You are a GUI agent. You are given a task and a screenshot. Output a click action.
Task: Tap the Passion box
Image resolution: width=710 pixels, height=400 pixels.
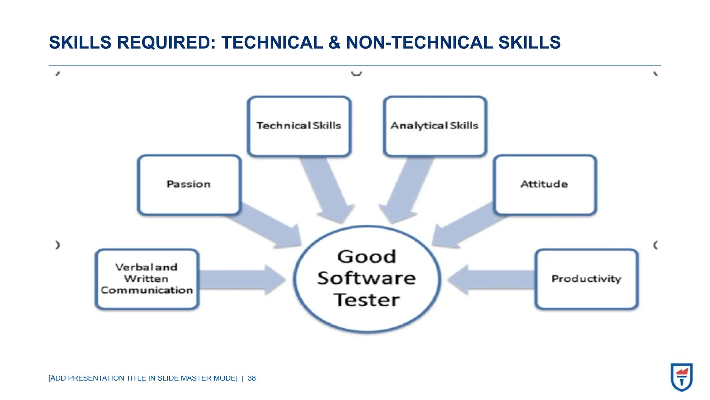189,185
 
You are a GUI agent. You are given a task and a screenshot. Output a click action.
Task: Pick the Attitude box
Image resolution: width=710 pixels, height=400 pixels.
545,185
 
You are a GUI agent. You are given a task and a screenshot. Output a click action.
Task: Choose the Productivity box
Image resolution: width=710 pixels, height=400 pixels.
586,279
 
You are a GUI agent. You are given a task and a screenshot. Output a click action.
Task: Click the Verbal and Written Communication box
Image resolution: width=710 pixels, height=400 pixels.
147,279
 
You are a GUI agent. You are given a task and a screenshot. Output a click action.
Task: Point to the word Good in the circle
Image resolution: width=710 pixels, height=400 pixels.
366,257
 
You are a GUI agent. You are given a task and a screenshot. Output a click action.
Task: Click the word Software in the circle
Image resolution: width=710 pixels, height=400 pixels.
366,278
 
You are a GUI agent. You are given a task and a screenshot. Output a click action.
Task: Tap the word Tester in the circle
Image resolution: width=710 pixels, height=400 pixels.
366,300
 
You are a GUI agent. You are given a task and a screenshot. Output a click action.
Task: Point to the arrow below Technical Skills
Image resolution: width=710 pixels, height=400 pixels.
328,191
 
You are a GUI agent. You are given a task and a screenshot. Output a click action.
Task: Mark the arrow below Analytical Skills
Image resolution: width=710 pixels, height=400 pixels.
406,191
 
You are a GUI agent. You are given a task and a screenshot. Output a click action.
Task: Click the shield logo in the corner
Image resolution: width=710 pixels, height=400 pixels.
681,377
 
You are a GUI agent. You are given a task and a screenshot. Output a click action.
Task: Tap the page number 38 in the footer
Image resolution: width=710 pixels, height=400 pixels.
252,378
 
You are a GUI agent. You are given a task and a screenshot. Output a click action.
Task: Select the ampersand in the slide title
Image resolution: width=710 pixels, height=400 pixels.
334,43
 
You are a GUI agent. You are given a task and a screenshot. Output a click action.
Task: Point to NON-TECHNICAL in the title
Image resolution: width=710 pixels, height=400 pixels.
419,43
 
